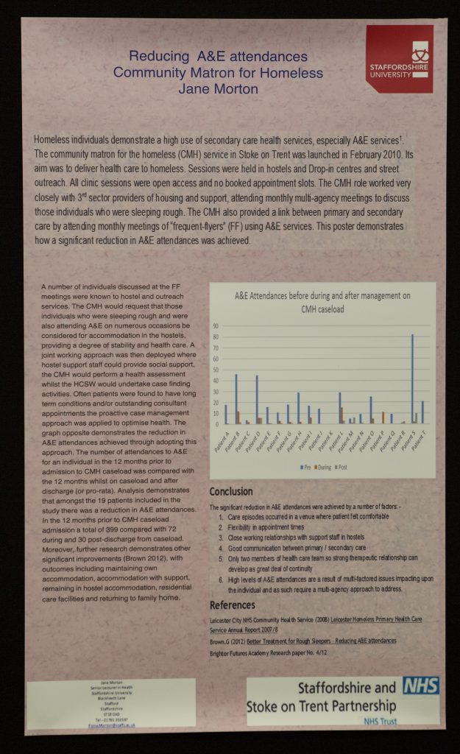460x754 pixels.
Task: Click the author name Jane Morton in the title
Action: tap(219, 89)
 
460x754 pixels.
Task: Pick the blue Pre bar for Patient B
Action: tap(236, 398)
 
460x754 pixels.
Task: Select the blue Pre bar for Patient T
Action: tap(422, 412)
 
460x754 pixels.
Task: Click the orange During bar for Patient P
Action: tap(383, 417)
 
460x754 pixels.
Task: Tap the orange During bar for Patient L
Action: tap(342, 415)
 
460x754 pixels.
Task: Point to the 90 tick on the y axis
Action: tap(216, 325)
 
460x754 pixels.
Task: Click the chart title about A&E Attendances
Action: tap(322, 302)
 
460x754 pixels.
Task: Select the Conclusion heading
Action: tap(231, 492)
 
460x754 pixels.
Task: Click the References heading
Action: tap(233, 605)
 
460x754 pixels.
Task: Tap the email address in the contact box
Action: tap(110, 725)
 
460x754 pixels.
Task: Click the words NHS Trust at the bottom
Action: tap(379, 722)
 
